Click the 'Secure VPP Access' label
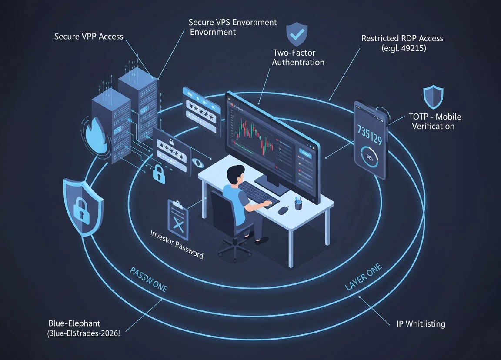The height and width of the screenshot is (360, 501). (x=89, y=37)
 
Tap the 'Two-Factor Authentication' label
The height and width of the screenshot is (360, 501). (x=298, y=57)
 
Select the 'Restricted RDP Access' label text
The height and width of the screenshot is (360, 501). (x=402, y=38)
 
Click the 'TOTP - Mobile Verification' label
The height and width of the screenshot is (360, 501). (x=434, y=121)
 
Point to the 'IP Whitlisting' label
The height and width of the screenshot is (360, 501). (x=421, y=324)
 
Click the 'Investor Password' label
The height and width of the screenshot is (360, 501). (x=177, y=244)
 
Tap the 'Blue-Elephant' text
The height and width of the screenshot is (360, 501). (x=74, y=323)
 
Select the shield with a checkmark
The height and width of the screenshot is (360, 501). (x=297, y=35)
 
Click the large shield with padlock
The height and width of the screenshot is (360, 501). (x=82, y=205)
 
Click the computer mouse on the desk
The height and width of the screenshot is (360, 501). (x=283, y=210)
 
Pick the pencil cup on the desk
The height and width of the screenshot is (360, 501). (x=298, y=203)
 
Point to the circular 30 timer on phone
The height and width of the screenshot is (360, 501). (x=371, y=157)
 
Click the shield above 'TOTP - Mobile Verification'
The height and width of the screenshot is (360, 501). (x=433, y=97)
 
